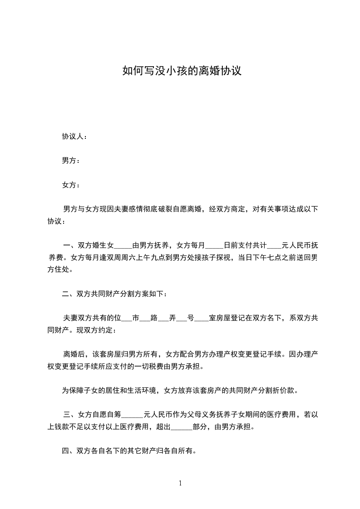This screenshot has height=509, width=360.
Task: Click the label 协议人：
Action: [x=74, y=136]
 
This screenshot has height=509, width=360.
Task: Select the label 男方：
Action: [x=71, y=161]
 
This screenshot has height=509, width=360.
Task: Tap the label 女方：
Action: [x=71, y=185]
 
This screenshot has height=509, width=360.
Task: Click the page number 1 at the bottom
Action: [x=180, y=483]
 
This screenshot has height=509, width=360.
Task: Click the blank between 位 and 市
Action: [x=127, y=318]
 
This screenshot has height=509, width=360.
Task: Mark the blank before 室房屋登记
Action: [x=201, y=318]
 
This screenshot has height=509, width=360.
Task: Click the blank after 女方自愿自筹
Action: [x=133, y=414]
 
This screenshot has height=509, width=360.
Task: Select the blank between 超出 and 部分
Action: [x=182, y=426]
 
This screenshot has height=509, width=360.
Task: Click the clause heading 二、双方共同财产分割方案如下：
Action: [x=114, y=294]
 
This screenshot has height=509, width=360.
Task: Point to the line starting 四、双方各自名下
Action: [x=129, y=451]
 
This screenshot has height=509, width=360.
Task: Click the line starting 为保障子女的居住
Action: [x=180, y=390]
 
